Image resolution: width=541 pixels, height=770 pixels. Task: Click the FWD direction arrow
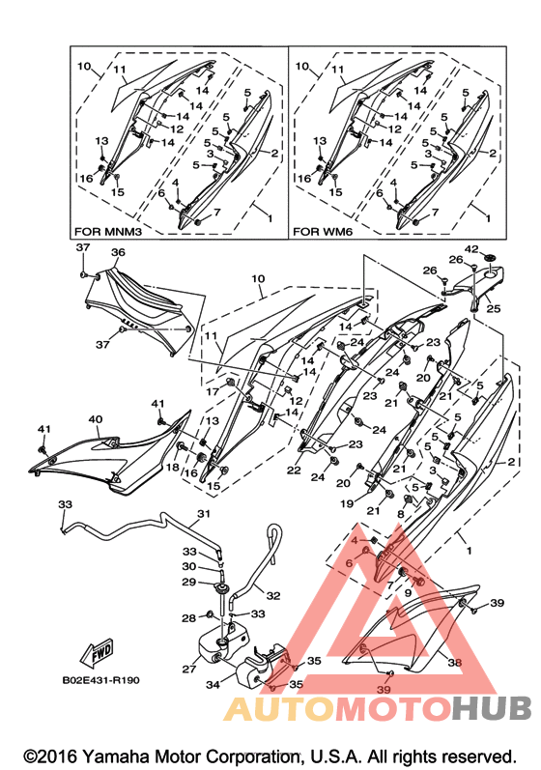[98, 653]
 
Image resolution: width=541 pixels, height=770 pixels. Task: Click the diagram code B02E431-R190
[101, 680]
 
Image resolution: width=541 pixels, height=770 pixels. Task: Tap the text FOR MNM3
[108, 231]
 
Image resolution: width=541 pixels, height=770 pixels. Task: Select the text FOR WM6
[323, 231]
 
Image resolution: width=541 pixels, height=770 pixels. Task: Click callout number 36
[118, 252]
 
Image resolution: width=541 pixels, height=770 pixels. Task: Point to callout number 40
[96, 420]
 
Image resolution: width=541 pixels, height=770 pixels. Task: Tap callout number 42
[471, 249]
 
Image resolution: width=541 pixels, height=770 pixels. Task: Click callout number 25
[494, 308]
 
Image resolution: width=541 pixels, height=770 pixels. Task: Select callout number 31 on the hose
[204, 514]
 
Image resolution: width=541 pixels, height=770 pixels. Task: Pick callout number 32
[273, 596]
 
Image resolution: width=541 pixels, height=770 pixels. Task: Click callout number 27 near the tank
[189, 669]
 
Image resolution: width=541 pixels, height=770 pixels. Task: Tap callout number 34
[213, 684]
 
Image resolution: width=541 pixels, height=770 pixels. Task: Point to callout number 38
[455, 663]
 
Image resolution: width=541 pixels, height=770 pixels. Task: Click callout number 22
[294, 471]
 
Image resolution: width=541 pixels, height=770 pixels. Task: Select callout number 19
[347, 504]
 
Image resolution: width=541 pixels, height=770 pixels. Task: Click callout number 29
[189, 582]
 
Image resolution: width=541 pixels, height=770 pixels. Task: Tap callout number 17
[213, 391]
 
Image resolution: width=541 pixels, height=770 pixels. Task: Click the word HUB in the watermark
[492, 708]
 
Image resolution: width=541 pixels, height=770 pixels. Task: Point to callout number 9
[408, 593]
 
